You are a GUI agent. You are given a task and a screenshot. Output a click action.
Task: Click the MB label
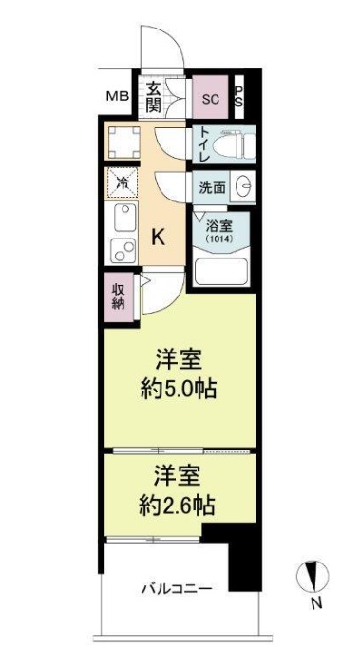118,96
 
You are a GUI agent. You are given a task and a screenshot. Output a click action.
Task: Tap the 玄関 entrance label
154,96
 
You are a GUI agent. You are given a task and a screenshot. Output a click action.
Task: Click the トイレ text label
202,144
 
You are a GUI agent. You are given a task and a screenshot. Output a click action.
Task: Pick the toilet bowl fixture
235,144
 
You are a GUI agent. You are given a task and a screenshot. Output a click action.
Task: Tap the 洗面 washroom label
213,187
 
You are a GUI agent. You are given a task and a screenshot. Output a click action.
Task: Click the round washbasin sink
242,187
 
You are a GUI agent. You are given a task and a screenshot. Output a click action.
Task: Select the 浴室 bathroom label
221,226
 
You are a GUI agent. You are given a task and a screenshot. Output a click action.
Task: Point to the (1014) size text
221,240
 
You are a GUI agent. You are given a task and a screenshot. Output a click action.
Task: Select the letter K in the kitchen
159,238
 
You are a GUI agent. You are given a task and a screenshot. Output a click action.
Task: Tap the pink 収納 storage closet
118,296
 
